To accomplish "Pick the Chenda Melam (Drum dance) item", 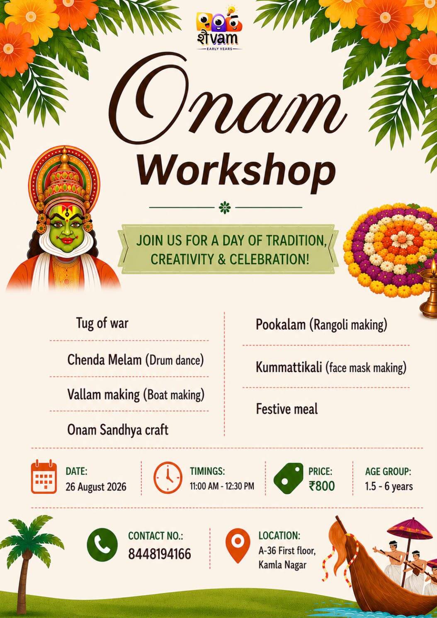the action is coord(135,360).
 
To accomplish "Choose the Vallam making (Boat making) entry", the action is coord(136,394).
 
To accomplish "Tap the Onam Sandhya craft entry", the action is coord(118,430).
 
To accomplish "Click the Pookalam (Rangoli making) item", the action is coord(321,325).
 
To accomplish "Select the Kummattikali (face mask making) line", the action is coord(331,367).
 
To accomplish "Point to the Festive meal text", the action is coord(287,409).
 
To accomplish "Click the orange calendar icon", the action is coord(44,476).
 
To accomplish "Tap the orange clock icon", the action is coord(168,477).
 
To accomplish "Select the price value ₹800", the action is coord(322,485).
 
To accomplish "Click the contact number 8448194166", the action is coord(159,554).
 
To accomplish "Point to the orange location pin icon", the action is coord(238,545).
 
